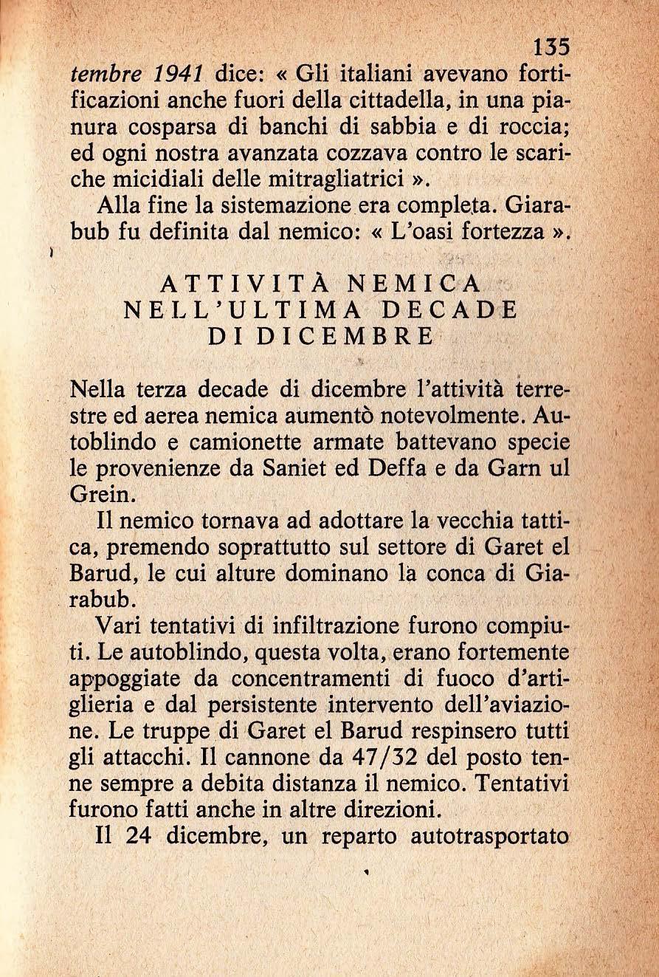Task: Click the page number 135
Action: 551,48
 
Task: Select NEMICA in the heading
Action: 415,284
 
